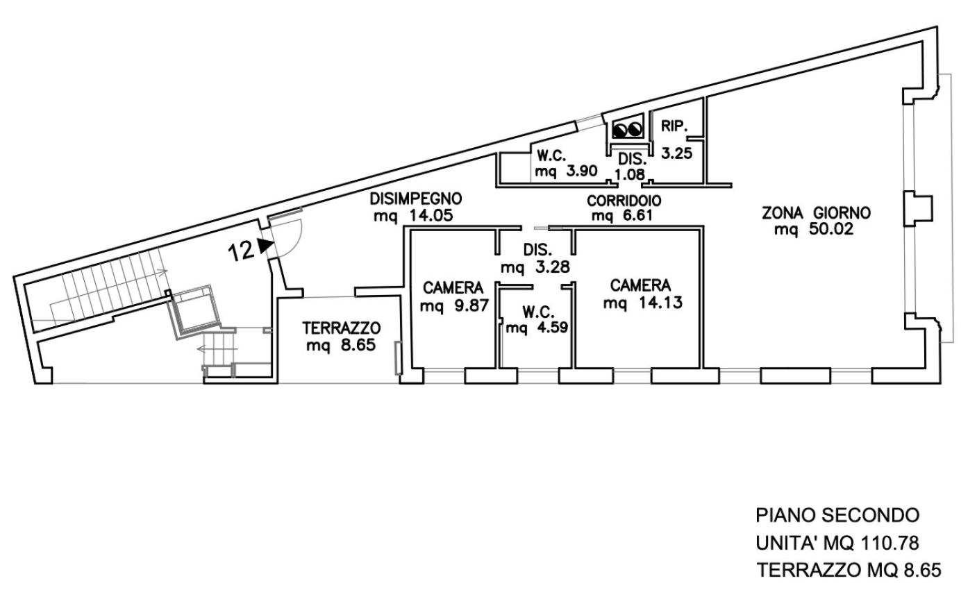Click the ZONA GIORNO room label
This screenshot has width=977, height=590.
pos(816,213)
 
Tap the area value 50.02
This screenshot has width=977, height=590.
pos(831,229)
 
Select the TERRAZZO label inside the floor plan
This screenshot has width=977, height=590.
pos(342,328)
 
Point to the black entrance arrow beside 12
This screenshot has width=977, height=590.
pos(265,246)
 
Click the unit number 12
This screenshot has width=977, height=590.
pos(241,251)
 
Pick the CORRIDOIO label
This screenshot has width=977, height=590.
pos(624,201)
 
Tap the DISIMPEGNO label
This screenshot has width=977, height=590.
pos(416,199)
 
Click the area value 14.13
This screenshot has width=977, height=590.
pos(661,302)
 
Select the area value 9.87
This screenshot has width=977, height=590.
pos(471,305)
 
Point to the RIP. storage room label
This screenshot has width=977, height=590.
pos(674,126)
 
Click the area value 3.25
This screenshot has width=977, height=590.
pos(677,153)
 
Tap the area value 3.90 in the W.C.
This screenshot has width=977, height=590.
pos(581,171)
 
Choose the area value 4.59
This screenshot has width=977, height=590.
pos(552,327)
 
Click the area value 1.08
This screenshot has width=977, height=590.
pos(630,174)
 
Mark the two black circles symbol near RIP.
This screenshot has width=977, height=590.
pos(628,130)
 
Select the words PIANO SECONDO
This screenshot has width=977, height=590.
pos(837,515)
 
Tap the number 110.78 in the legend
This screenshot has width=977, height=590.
pos(890,543)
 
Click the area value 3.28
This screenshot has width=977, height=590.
pos(552,267)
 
